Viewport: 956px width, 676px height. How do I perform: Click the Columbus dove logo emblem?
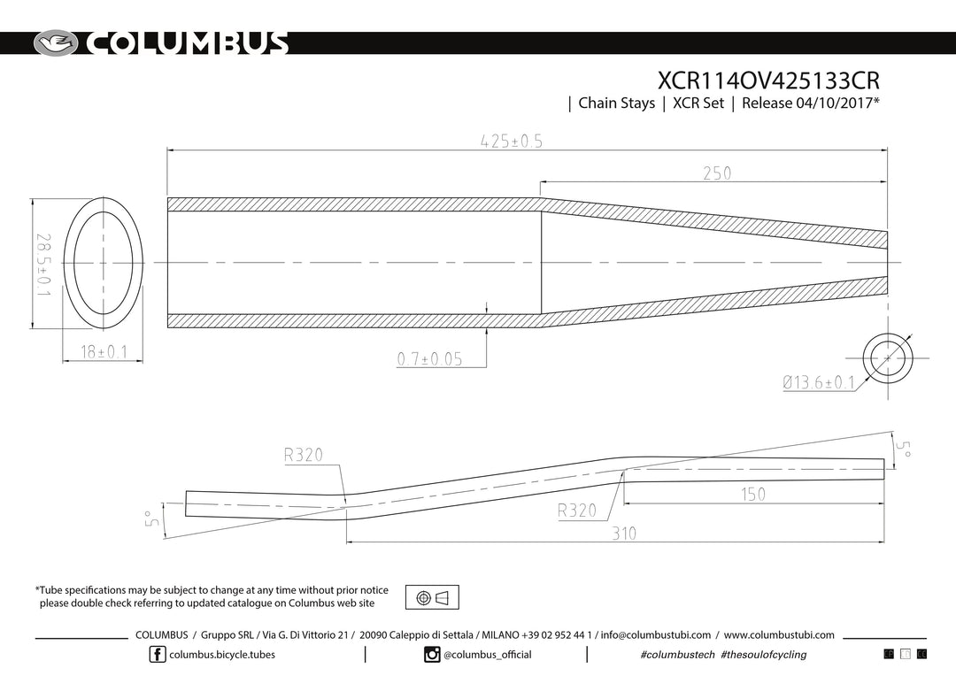pos(56,43)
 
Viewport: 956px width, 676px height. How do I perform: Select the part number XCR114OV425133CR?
pos(768,81)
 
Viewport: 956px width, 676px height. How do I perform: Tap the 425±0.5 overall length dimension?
pos(511,142)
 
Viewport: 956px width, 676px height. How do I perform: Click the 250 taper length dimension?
pos(717,173)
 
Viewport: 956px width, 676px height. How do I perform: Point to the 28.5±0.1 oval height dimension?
pos(43,265)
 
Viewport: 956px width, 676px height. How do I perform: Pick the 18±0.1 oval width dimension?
pos(104,352)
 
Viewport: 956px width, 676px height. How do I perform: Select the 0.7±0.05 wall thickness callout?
pos(430,359)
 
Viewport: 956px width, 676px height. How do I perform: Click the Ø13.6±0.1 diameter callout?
pos(819,383)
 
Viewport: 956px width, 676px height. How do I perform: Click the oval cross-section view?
pos(103,264)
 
